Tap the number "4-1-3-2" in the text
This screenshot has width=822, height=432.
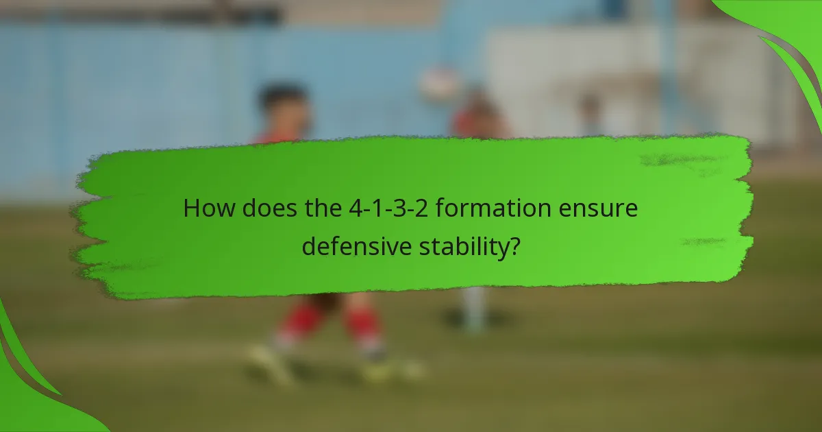[x=373, y=208]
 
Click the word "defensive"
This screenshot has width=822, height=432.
[x=356, y=245]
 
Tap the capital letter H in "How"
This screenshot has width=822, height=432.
[x=191, y=208]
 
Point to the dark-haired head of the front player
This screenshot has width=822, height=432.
[x=284, y=103]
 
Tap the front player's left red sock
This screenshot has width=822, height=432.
[x=302, y=321]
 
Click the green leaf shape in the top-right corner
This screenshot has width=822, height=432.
[x=788, y=41]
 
